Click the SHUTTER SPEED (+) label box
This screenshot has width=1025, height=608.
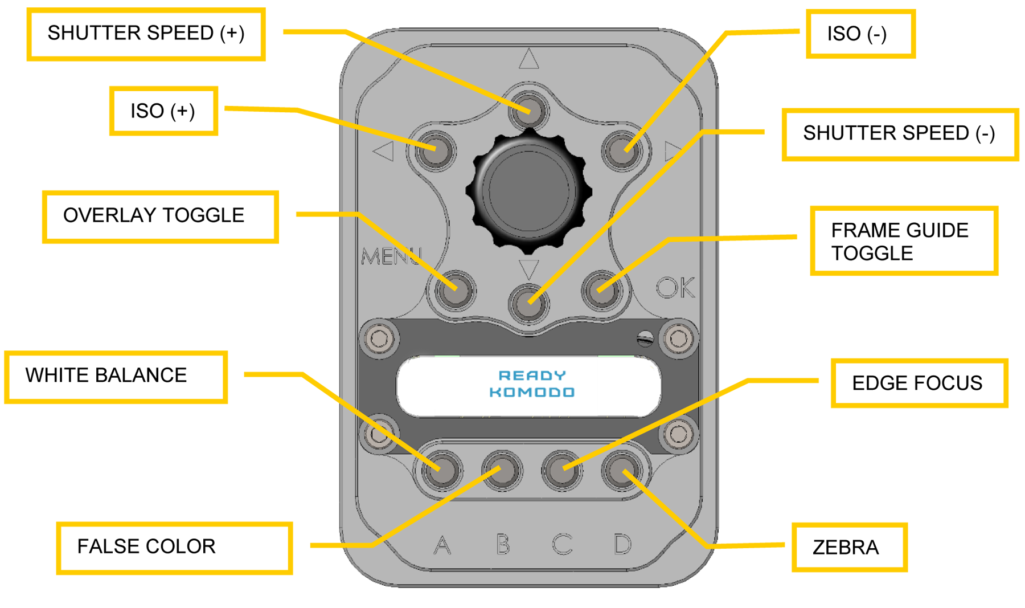(146, 34)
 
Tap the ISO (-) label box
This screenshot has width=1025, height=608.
(860, 34)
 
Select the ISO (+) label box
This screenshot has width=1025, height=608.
(163, 111)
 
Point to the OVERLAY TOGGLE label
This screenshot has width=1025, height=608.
(160, 216)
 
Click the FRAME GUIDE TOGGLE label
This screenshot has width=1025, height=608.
(903, 241)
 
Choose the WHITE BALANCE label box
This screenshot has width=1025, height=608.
(116, 376)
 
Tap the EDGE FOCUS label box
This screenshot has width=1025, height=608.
(919, 383)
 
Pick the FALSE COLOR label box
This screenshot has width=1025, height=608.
(174, 547)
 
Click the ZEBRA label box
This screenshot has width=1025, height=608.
(848, 547)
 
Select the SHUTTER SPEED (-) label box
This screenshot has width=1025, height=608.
(900, 134)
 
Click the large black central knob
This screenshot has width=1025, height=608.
(529, 190)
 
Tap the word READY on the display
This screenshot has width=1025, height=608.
(532, 376)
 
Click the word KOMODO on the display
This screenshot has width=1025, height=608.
(532, 392)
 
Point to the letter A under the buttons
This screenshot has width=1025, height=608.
(442, 545)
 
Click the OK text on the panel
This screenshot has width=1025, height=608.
(675, 288)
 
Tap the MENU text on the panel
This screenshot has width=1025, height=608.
(391, 256)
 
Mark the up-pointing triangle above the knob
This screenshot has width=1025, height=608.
(529, 59)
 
